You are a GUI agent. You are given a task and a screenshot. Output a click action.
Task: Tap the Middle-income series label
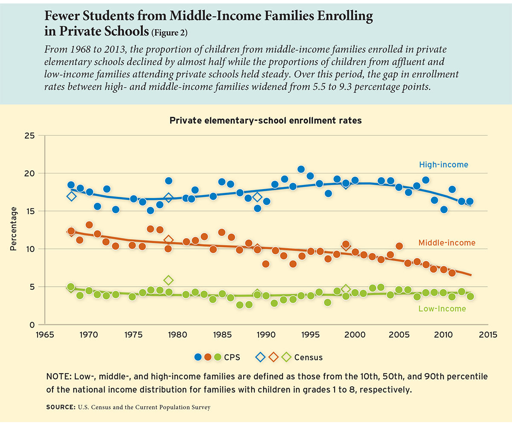pos(447,243)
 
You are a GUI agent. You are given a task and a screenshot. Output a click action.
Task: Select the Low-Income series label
pos(442,308)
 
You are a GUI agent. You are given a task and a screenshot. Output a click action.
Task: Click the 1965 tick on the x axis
pos(44,334)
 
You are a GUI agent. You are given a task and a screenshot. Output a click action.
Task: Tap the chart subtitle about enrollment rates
pos(265,121)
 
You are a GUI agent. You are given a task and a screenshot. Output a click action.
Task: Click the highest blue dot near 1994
pos(301,170)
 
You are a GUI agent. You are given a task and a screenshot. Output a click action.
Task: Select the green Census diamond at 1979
pos(169,280)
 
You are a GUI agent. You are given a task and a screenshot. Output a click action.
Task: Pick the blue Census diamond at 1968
pos(71,196)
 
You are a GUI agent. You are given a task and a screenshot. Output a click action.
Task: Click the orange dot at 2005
pos(399,246)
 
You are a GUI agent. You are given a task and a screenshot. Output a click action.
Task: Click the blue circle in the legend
pos(198,357)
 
